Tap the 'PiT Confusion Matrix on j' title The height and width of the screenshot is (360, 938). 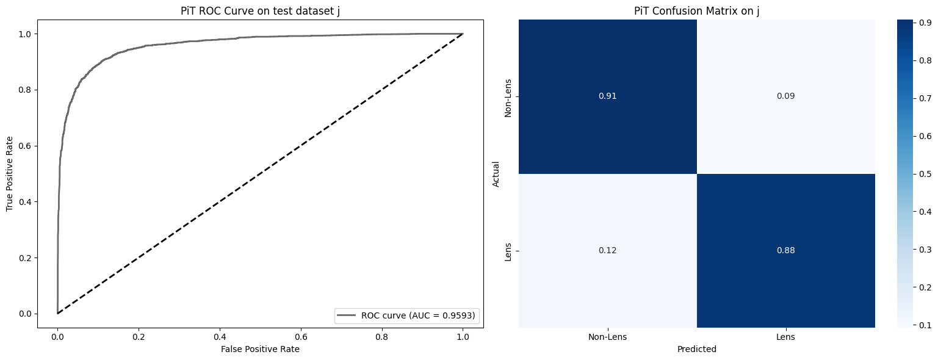click(x=696, y=10)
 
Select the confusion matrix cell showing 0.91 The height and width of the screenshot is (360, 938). click(x=607, y=96)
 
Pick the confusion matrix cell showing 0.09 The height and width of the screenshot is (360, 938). click(x=785, y=96)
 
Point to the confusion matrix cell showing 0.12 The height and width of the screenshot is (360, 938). click(x=607, y=251)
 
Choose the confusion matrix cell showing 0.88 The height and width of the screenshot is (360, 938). click(x=785, y=251)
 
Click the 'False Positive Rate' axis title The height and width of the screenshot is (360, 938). click(x=261, y=349)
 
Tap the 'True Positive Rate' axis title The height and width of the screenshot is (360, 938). click(x=10, y=174)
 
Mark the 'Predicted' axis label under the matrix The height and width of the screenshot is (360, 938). click(x=696, y=350)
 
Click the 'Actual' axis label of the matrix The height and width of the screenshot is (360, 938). click(x=496, y=174)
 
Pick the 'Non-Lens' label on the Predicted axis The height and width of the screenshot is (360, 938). click(x=607, y=336)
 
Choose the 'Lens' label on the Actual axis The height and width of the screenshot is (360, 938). click(x=508, y=251)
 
